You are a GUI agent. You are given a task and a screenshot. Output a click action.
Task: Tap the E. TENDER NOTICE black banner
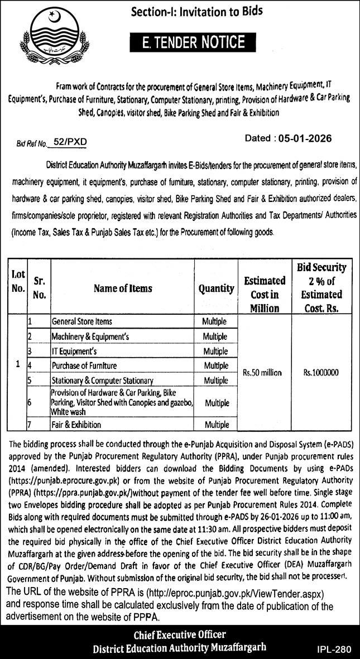point(193,42)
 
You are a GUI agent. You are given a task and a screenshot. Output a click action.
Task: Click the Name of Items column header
point(123,288)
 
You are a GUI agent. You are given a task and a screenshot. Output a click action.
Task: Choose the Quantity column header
point(216,288)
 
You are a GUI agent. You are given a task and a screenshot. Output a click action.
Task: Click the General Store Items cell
point(81,321)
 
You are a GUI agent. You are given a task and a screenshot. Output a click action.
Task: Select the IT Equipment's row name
point(74,352)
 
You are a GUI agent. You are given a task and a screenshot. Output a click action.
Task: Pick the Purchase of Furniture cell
point(84,366)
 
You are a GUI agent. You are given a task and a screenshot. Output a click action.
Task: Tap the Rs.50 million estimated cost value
point(263,373)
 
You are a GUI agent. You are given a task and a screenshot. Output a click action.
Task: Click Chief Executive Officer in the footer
point(179,634)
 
